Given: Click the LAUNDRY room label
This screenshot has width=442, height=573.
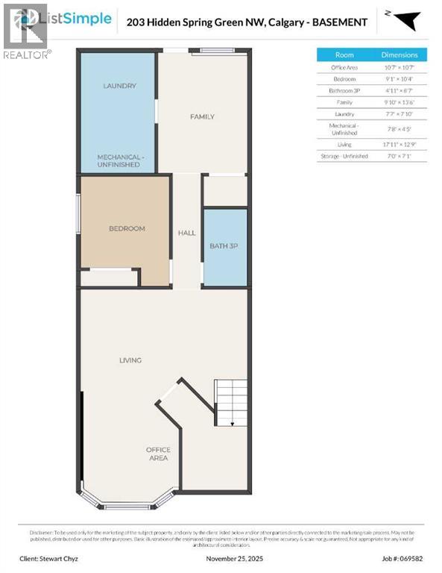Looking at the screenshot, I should point(119,86).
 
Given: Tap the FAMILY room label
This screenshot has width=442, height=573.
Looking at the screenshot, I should point(202,116).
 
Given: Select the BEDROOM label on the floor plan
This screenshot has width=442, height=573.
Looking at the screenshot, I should point(127,228).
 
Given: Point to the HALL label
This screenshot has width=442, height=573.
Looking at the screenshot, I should point(186,233).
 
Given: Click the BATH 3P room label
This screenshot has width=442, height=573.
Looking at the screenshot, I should point(224,245).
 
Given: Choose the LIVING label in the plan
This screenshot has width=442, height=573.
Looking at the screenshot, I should point(130,360).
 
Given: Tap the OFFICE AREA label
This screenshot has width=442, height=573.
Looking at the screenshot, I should point(158,454).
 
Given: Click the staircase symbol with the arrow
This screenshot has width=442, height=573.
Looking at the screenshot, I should point(231,403).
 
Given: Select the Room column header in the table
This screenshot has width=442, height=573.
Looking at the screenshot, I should point(344,55).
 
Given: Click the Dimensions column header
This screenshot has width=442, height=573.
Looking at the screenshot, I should point(400,55).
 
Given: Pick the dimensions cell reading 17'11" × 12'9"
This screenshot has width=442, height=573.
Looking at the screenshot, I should point(400,144).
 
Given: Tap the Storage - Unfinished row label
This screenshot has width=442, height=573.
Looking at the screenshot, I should point(344,156).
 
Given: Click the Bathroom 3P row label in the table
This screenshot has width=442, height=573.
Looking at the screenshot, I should point(344,90).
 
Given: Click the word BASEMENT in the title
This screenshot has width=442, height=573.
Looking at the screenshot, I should point(341,22).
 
